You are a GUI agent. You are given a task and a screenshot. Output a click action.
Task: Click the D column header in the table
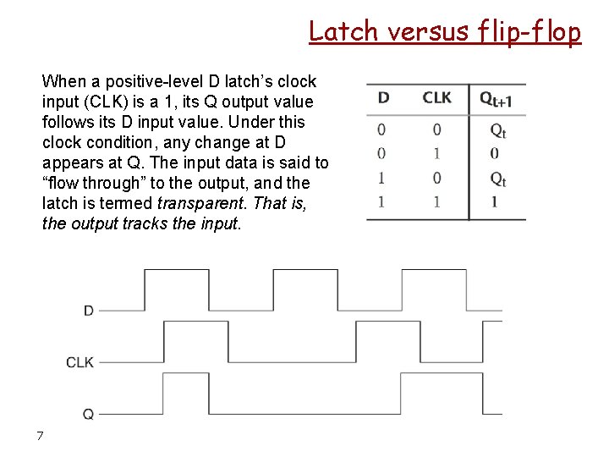[x=383, y=97]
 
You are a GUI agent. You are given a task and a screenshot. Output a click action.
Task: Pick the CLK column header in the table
[x=436, y=97]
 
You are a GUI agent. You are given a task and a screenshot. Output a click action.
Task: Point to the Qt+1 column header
[x=497, y=99]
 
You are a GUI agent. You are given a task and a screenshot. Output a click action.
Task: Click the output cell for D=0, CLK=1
[x=494, y=153]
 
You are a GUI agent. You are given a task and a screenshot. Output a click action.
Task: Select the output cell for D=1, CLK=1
[x=494, y=201]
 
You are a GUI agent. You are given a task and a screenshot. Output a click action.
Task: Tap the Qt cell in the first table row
[x=497, y=130]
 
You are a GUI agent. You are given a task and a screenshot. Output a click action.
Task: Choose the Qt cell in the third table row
[x=497, y=179]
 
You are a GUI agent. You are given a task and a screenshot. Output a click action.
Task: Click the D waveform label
[x=89, y=311]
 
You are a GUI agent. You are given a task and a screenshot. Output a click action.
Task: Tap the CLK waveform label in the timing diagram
[x=80, y=362]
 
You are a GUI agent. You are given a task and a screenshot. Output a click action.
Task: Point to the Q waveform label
[x=88, y=414]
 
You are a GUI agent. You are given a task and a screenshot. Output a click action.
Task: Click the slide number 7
[x=40, y=436]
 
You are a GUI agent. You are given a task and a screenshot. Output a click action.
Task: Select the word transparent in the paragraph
[x=197, y=203]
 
